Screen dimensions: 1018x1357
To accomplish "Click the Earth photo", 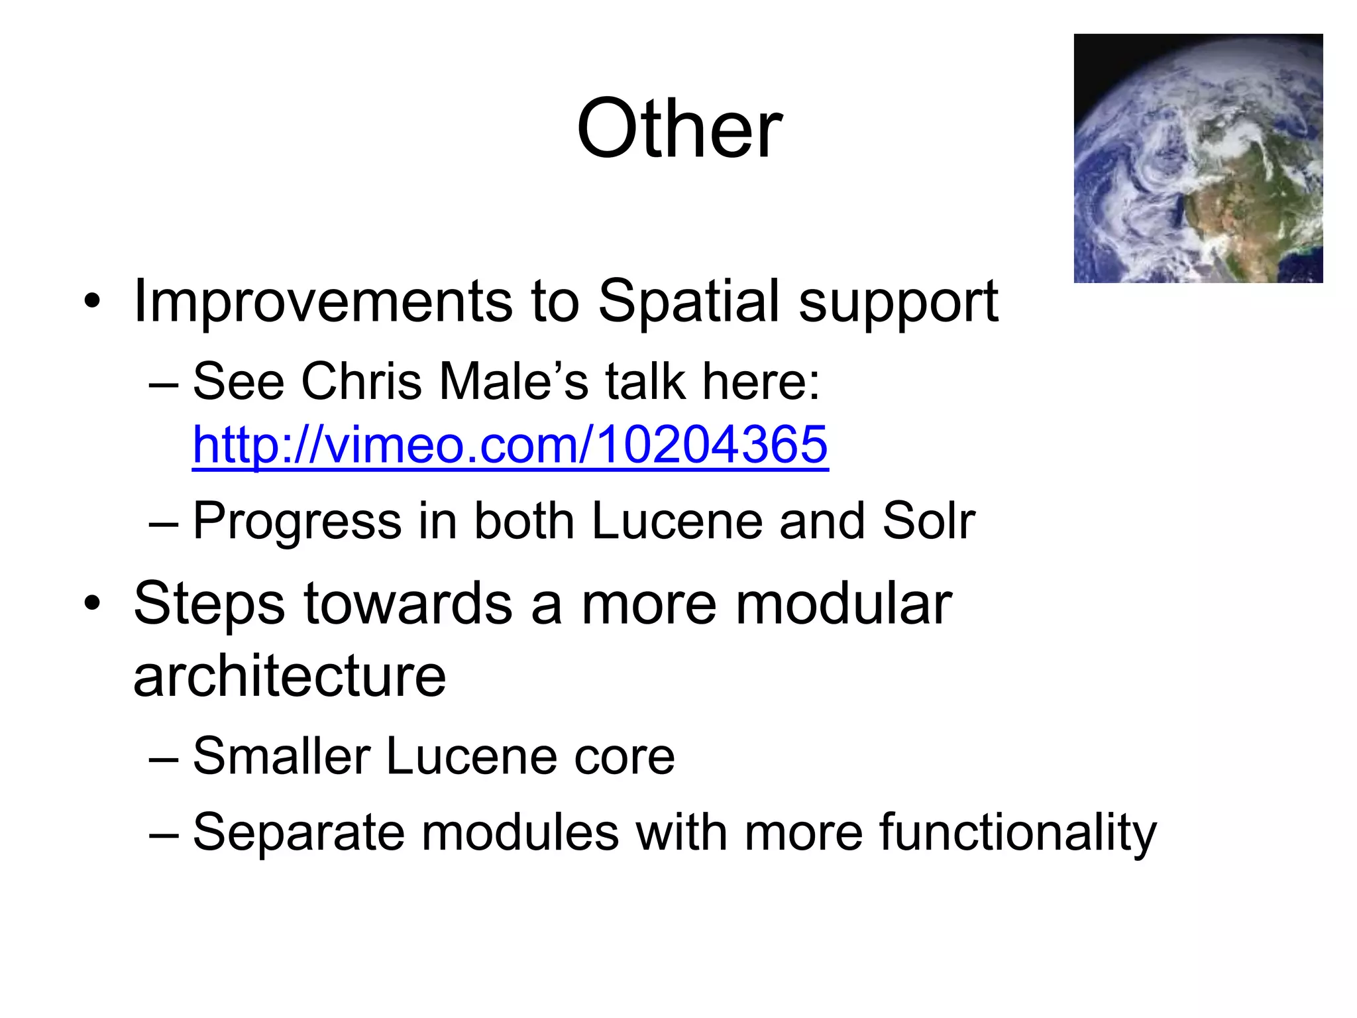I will coord(1198,158).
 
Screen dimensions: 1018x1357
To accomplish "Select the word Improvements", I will coord(323,301).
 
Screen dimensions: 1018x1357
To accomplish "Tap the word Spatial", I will coord(689,302).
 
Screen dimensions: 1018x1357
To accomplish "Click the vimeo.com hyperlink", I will coord(510,444).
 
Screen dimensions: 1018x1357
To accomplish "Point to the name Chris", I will coord(361,382).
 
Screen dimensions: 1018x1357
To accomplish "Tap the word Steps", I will coord(209,604).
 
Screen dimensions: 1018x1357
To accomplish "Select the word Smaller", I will coord(281,756).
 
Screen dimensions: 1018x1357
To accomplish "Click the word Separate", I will coord(298,832).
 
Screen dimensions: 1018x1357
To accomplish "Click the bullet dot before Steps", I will coord(92,604).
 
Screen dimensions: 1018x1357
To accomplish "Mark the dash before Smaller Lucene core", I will coord(164,758).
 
